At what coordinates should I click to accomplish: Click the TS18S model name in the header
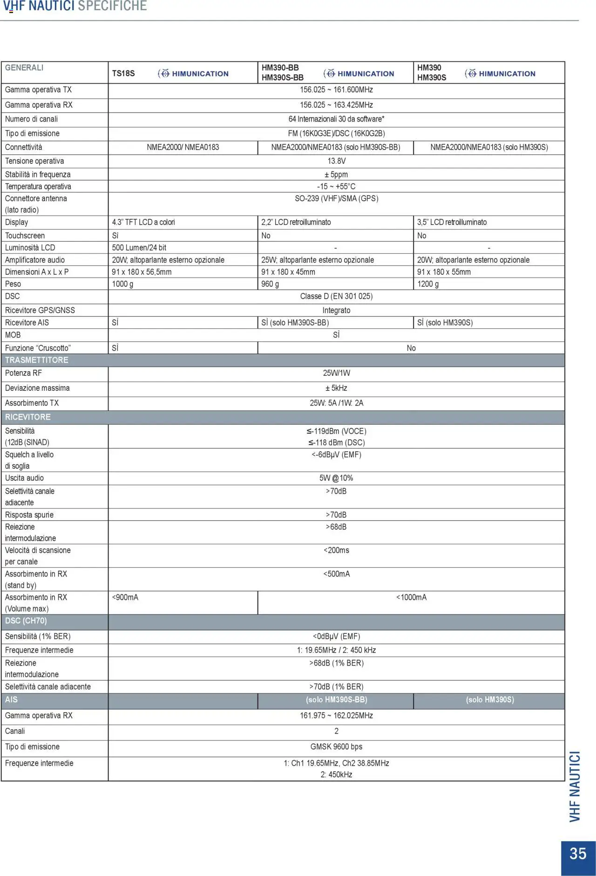tap(123, 74)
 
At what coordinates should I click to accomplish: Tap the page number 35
tap(578, 853)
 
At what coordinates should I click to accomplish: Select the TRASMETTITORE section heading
tap(37, 360)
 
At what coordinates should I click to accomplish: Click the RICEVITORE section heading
tap(28, 417)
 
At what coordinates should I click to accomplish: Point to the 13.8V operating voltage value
tap(336, 161)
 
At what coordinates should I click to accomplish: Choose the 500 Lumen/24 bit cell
tap(139, 248)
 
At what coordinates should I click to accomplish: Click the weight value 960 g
tap(270, 284)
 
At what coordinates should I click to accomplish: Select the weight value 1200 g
tap(428, 284)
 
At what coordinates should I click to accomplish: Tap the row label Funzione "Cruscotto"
tap(38, 348)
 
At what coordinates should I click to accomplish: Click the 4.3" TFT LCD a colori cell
tap(143, 222)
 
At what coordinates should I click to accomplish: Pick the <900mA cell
tap(125, 598)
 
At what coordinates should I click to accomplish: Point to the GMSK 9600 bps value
tap(336, 747)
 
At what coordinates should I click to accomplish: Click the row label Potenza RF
tap(23, 373)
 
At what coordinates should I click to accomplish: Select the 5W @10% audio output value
tap(336, 478)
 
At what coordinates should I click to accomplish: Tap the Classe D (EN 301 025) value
tap(336, 296)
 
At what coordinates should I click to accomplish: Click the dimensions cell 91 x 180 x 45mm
tap(288, 272)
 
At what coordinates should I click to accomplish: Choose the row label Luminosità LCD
tap(30, 248)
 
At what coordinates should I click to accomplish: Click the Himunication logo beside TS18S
tap(193, 74)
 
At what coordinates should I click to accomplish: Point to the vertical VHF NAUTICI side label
tap(576, 787)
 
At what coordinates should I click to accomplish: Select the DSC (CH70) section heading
tap(26, 621)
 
